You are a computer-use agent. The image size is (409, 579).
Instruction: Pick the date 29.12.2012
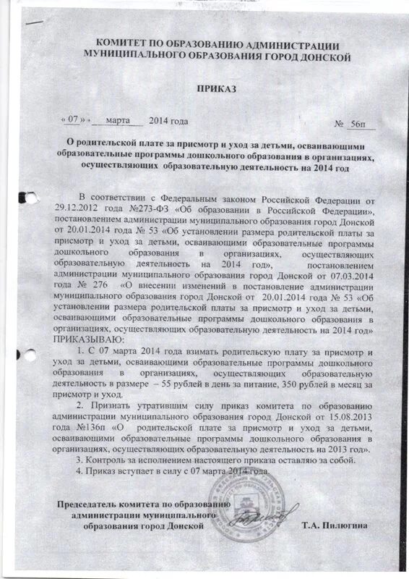tap(79, 210)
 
